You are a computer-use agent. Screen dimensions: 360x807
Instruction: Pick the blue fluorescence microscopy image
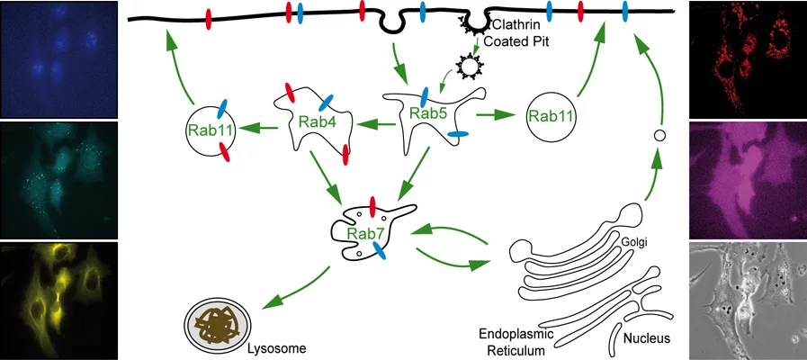[x=58, y=59]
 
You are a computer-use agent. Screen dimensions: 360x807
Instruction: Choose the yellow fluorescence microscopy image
[x=58, y=301]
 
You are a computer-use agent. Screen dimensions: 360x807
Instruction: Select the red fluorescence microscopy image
[x=747, y=59]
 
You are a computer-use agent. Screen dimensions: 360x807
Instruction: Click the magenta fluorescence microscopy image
[x=747, y=179]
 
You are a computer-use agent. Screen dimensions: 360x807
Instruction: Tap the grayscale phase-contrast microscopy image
[x=747, y=301]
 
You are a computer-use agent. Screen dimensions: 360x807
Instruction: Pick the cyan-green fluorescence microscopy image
[x=58, y=179]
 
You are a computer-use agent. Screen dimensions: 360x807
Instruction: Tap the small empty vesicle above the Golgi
[x=659, y=135]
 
